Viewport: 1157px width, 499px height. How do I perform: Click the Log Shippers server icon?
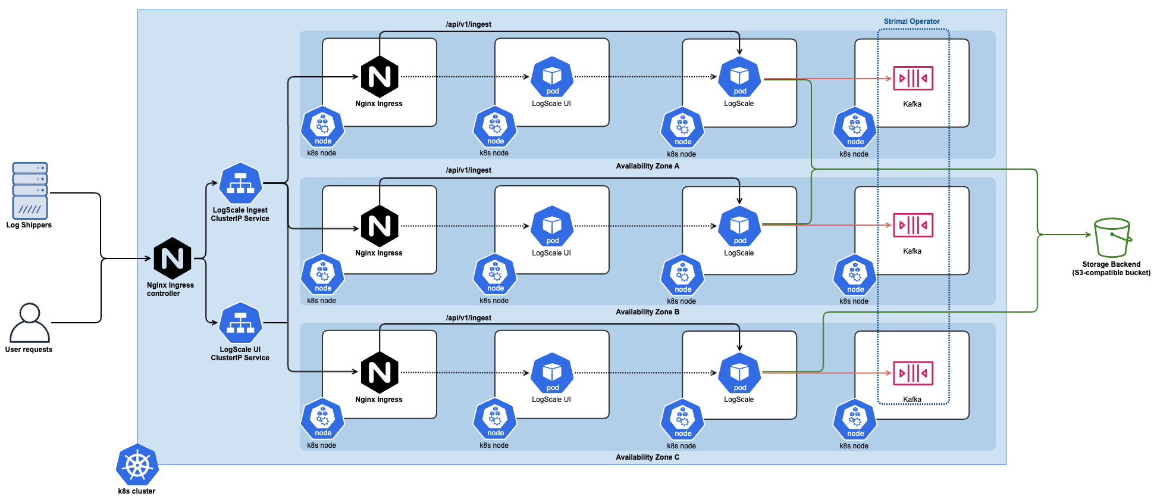pos(30,191)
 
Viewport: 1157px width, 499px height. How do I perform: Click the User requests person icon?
pos(29,322)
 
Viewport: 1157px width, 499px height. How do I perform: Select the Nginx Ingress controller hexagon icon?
pos(173,258)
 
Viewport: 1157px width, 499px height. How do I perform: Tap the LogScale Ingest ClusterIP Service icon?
pos(240,183)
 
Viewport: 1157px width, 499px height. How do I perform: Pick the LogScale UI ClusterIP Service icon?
pos(240,323)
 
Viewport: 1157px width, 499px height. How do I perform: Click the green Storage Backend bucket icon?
pos(1112,237)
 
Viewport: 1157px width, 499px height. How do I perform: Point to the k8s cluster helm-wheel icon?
pos(137,465)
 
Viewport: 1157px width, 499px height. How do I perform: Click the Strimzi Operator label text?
pos(911,21)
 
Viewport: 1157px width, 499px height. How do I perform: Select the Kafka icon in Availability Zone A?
pos(913,78)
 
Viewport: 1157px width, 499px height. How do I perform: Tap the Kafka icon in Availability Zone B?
pos(913,225)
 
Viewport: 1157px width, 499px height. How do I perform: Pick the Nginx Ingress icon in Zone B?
pos(380,226)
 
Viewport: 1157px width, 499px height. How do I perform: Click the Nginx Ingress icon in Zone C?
pos(380,373)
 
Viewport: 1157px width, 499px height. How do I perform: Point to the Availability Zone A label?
pos(647,166)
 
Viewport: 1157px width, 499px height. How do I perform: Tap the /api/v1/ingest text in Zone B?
pos(468,170)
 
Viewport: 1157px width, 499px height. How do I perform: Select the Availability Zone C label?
pos(647,457)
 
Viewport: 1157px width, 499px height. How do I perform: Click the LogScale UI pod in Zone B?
pos(552,226)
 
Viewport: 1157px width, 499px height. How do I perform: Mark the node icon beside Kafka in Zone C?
pos(855,419)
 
